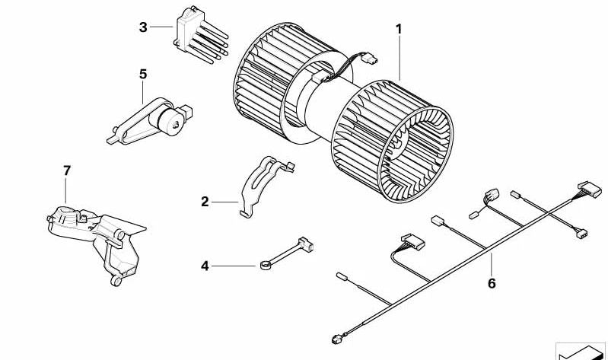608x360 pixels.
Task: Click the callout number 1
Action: (397, 30)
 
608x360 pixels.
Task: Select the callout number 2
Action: (204, 202)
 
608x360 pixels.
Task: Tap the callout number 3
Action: (143, 27)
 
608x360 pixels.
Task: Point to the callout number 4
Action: (204, 266)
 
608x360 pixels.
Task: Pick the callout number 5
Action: (143, 74)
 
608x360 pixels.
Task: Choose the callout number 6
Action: (492, 283)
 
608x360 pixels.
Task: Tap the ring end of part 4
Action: (264, 265)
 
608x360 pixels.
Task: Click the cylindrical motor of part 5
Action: (169, 120)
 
